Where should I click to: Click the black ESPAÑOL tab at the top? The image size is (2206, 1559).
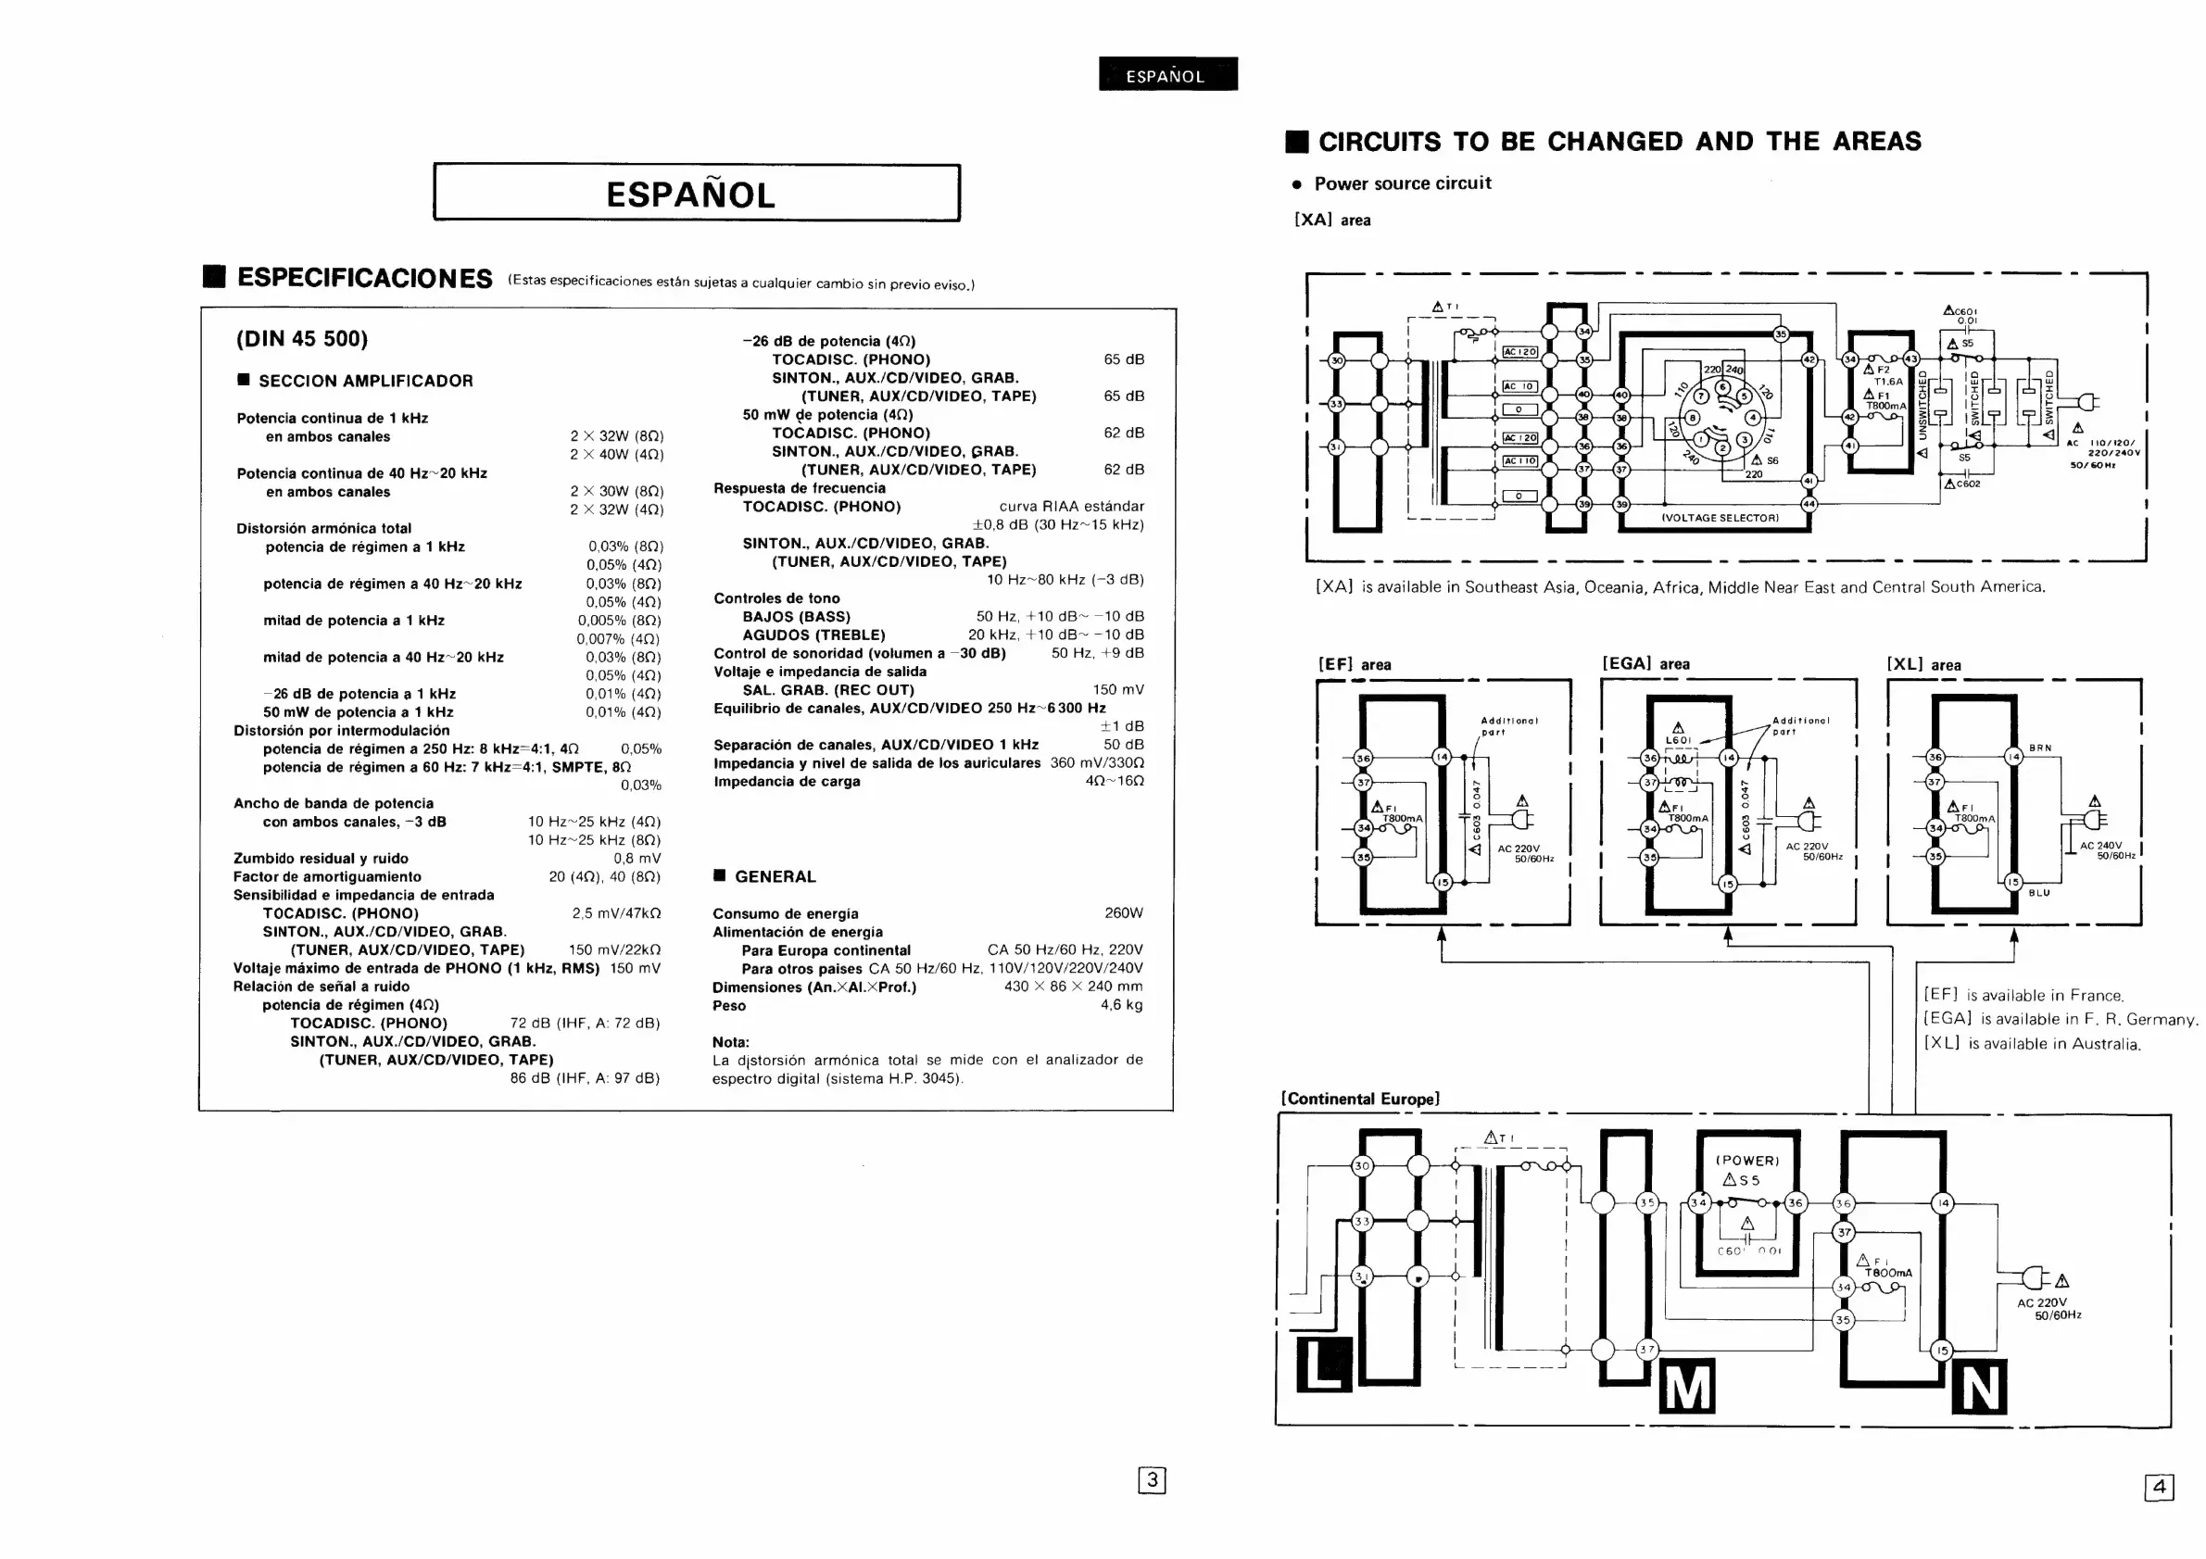click(x=1167, y=74)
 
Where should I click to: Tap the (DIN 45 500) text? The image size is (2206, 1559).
click(x=302, y=338)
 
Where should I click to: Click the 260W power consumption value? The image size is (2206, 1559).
click(x=1123, y=912)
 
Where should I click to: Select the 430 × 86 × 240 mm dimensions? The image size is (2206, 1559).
click(x=1073, y=987)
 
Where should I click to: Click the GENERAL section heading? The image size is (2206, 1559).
click(x=775, y=876)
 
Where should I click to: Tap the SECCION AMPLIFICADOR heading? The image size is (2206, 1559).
click(x=365, y=381)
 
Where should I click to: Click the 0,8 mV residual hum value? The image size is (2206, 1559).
click(x=637, y=858)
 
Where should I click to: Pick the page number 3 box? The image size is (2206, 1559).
click(x=1151, y=1480)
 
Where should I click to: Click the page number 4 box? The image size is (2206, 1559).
click(x=2158, y=1488)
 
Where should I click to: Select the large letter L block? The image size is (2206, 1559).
click(x=1323, y=1363)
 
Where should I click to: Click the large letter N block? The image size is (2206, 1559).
click(x=1979, y=1387)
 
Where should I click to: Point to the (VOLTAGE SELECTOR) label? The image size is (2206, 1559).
click(x=1720, y=518)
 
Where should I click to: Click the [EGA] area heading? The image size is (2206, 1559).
click(x=1645, y=663)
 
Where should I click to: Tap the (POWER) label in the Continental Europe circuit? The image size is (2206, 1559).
click(x=1747, y=1161)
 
